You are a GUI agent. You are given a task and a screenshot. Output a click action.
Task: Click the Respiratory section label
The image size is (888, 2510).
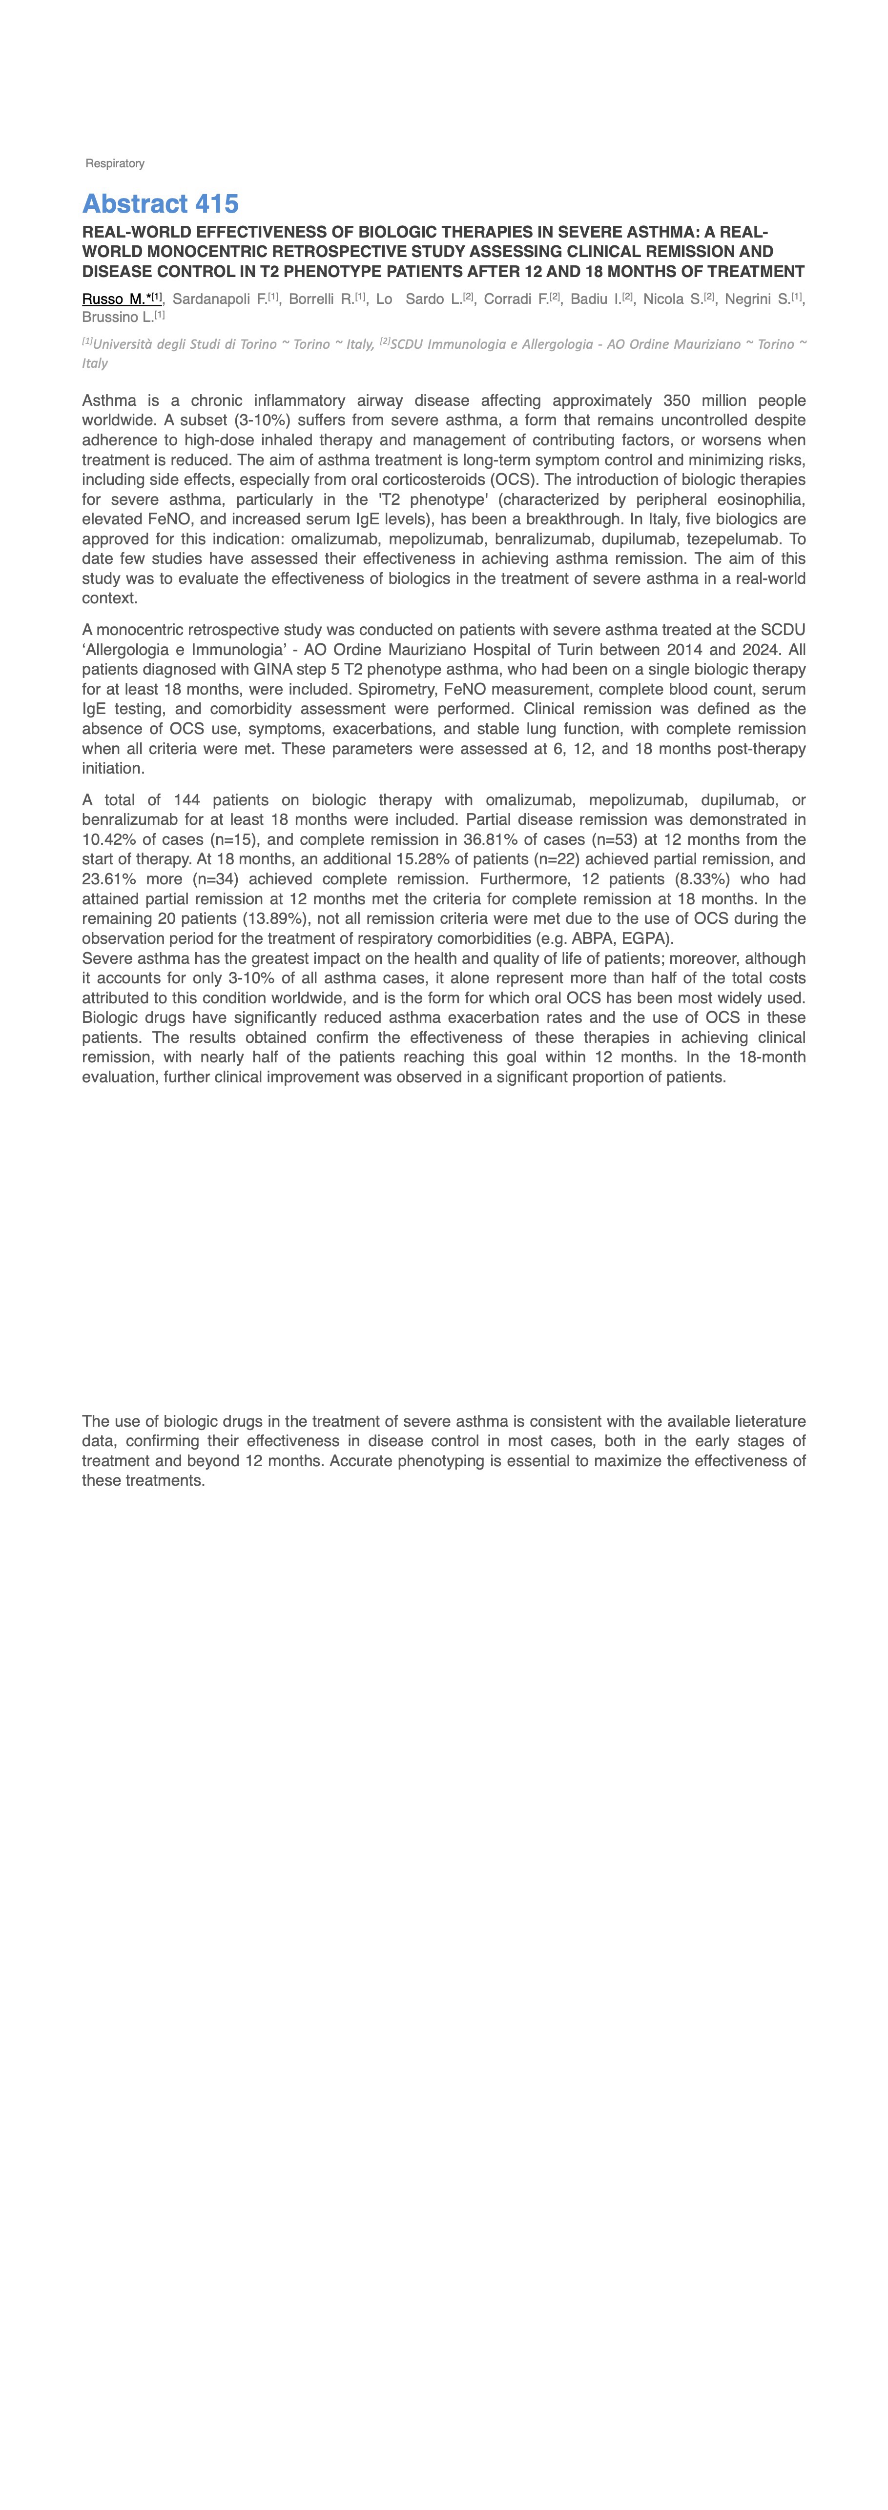(x=115, y=164)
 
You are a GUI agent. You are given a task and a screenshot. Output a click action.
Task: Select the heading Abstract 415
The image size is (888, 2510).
(x=160, y=204)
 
